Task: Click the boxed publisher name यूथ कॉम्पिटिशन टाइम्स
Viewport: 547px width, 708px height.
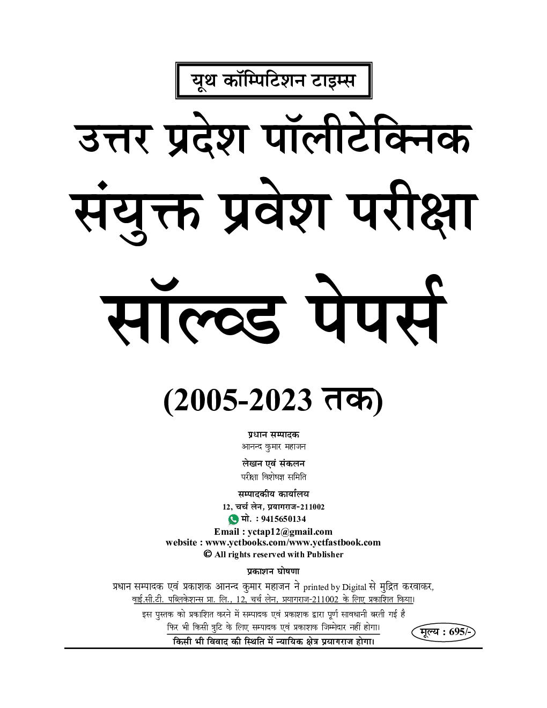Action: pos(273,80)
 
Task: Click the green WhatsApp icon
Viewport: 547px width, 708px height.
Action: pos(233,519)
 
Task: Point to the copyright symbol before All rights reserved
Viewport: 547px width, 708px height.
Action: pos(208,554)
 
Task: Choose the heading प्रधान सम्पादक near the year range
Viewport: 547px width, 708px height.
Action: pos(273,434)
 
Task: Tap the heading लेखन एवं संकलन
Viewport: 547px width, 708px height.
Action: pos(273,463)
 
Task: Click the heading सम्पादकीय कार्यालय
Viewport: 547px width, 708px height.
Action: pos(273,494)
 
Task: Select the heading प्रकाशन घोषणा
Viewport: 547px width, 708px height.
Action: pos(273,571)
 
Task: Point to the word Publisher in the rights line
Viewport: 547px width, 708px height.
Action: pos(325,555)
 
